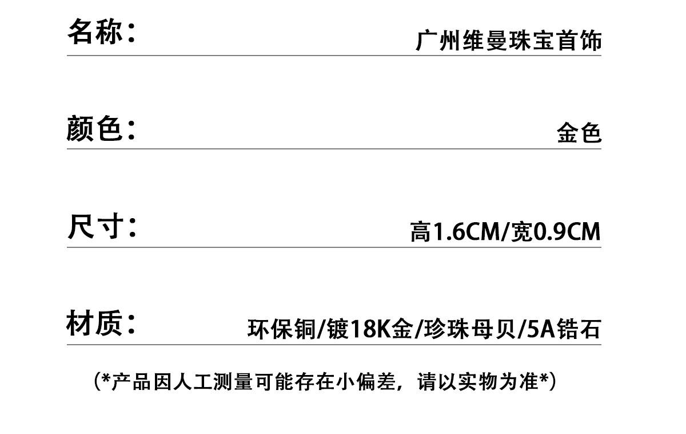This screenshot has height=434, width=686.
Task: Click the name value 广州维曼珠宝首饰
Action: click(508, 41)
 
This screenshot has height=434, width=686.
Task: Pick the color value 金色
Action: click(579, 133)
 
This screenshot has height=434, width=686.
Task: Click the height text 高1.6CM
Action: click(454, 232)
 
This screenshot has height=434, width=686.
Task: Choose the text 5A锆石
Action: click(563, 329)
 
